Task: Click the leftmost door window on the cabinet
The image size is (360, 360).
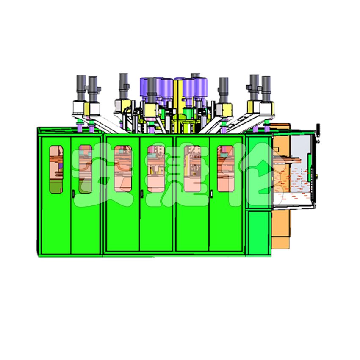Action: click(x=56, y=169)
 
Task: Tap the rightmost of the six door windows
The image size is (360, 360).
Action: click(x=225, y=169)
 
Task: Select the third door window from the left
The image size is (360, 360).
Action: click(x=123, y=169)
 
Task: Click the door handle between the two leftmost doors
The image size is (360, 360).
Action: click(x=73, y=194)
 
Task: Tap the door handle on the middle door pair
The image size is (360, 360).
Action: click(x=142, y=194)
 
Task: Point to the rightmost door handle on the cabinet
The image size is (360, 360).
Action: click(x=211, y=194)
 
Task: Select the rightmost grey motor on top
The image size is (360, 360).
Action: click(x=266, y=89)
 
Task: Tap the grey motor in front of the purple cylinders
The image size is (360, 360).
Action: click(x=152, y=91)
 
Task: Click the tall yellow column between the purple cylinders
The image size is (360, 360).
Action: click(x=176, y=105)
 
